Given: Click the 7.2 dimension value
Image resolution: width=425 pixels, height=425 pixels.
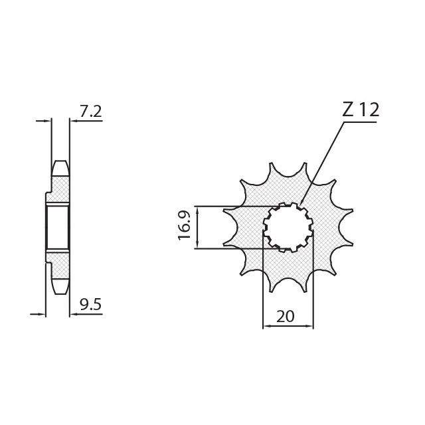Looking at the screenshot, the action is click(91, 112).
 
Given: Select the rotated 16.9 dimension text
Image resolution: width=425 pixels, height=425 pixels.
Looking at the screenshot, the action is click(185, 226).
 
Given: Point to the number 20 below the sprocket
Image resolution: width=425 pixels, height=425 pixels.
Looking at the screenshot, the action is click(286, 316).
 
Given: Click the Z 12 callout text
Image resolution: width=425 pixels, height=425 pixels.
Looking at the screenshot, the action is click(361, 110).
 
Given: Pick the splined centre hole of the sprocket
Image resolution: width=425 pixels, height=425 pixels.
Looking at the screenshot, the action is click(288, 227).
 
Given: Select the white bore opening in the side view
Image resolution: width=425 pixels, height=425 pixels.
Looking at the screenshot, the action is click(58, 227).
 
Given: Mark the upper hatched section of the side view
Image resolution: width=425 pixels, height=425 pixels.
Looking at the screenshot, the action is click(58, 189).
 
